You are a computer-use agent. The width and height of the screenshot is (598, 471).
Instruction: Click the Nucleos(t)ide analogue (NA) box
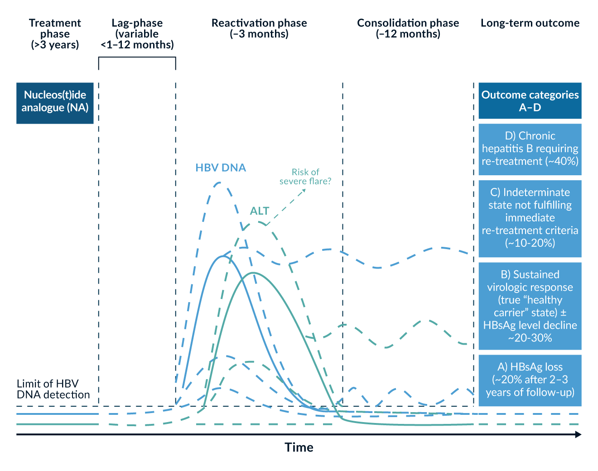pos(55,103)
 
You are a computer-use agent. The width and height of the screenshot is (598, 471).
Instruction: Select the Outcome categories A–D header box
pos(530,101)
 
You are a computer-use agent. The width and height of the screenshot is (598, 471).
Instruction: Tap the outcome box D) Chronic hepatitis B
pos(530,149)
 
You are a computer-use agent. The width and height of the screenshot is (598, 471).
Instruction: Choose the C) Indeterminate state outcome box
pos(530,218)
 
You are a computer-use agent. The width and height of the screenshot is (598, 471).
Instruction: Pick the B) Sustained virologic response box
pos(530,306)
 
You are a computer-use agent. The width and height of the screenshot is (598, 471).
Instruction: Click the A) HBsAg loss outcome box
pos(530,380)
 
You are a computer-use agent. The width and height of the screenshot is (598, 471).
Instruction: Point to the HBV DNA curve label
pos(221,168)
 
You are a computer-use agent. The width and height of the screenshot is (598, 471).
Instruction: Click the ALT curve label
pos(260,211)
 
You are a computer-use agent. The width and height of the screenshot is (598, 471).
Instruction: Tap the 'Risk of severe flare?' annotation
pos(305,177)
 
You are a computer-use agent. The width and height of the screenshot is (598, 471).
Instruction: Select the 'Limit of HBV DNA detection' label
pos(53,389)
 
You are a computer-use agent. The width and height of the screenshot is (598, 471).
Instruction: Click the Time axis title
pos(299,448)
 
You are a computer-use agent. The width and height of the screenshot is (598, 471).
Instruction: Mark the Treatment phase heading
pos(55,34)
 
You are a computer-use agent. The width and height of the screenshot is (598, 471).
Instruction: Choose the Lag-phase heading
pos(137,34)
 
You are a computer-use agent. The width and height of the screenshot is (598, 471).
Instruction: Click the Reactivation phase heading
pos(259,29)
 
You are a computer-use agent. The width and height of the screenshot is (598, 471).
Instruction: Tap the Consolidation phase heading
pos(408,29)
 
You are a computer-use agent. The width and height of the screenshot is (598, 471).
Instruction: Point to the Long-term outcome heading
pos(530,23)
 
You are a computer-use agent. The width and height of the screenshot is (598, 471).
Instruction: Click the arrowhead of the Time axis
pos(579,435)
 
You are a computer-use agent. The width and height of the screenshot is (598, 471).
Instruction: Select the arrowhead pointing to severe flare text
pos(304,190)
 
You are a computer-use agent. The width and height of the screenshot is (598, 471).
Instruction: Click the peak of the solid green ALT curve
pos(253,273)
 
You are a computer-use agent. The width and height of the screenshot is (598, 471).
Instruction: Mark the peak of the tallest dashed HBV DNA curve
pos(220,183)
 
